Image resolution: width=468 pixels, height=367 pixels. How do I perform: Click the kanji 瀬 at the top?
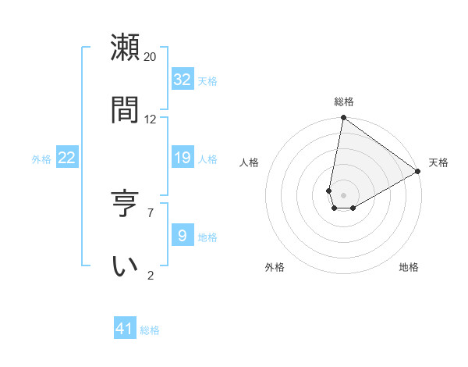[126, 48]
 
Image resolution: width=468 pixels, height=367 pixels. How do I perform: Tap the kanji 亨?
[126, 204]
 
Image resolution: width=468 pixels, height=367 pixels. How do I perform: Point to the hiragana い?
[126, 265]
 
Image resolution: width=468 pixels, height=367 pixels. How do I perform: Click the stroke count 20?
[151, 57]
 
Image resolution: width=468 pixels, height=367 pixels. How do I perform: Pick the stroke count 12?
[151, 119]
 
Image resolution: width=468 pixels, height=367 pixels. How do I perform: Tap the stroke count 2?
[151, 275]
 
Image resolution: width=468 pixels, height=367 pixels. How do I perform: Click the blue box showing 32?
[183, 79]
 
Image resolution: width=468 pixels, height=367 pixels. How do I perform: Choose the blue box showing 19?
[183, 158]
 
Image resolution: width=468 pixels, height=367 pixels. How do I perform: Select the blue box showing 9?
[183, 235]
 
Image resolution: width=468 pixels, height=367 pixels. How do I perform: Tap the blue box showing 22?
[67, 158]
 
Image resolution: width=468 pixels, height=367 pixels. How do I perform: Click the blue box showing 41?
[125, 329]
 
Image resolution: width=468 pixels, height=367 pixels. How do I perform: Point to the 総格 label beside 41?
[150, 330]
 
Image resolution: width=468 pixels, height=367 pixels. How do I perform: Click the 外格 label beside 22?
[41, 159]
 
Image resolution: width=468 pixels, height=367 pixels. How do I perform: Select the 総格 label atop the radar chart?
[344, 102]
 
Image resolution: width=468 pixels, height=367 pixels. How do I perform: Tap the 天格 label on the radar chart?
[438, 162]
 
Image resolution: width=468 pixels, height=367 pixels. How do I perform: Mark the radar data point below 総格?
[343, 119]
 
